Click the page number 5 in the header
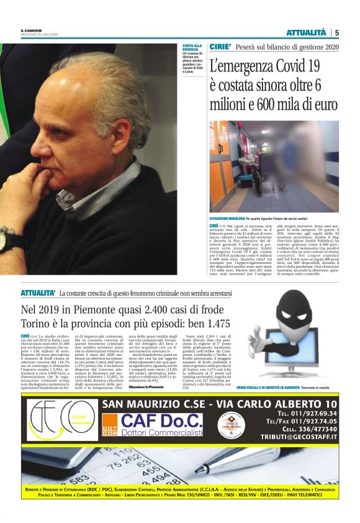[336, 32]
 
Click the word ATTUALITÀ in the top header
[306, 32]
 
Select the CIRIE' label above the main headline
[220, 47]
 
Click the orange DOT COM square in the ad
[109, 428]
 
